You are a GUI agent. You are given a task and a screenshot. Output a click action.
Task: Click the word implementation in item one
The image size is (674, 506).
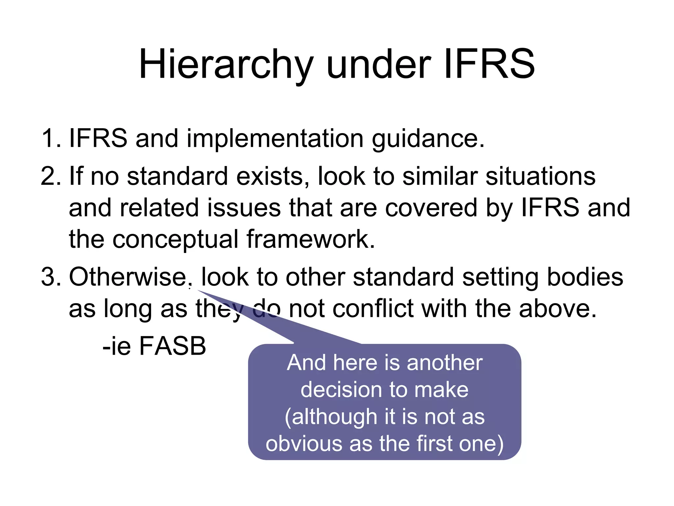[275, 139]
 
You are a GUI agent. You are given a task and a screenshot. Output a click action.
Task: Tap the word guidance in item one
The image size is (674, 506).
[428, 139]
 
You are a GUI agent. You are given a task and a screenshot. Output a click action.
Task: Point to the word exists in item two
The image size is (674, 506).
[272, 176]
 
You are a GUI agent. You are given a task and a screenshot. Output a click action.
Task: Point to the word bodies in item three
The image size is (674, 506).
[585, 277]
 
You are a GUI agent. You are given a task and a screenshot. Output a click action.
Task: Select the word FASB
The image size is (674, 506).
[173, 346]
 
